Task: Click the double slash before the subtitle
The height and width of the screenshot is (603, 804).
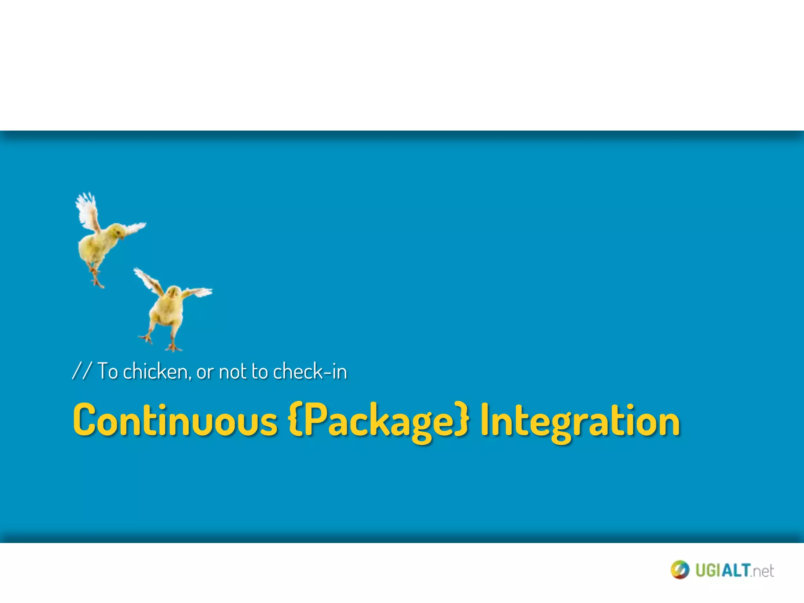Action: pos(82,371)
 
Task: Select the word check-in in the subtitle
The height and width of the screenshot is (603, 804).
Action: pos(310,371)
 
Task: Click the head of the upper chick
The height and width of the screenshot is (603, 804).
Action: pos(116,230)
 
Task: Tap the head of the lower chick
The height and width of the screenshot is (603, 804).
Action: pos(173,292)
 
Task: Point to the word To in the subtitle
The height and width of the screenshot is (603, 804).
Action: pos(107,371)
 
